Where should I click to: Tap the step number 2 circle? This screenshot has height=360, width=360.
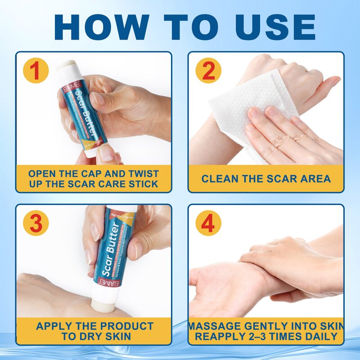[x=208, y=71]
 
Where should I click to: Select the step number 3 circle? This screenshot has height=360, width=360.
[x=36, y=223]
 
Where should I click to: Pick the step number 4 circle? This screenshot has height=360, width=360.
[x=208, y=223]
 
